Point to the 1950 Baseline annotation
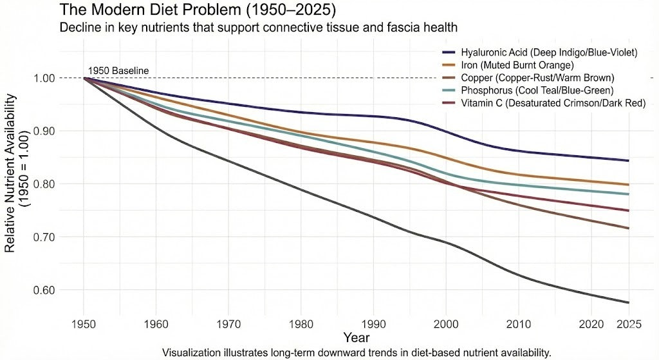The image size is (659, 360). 118,70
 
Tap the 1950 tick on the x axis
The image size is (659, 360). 84,323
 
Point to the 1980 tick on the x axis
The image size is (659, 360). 301,323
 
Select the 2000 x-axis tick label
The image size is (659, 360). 446,323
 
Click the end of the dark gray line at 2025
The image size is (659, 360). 628,303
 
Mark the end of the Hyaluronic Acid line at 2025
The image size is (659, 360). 628,160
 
